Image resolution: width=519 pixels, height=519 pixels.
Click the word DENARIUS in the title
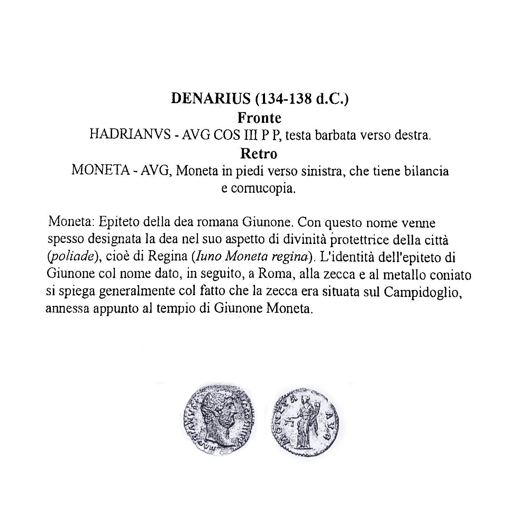point(210,99)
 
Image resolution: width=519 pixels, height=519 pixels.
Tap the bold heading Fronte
point(259,118)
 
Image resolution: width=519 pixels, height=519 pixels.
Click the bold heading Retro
point(259,154)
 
